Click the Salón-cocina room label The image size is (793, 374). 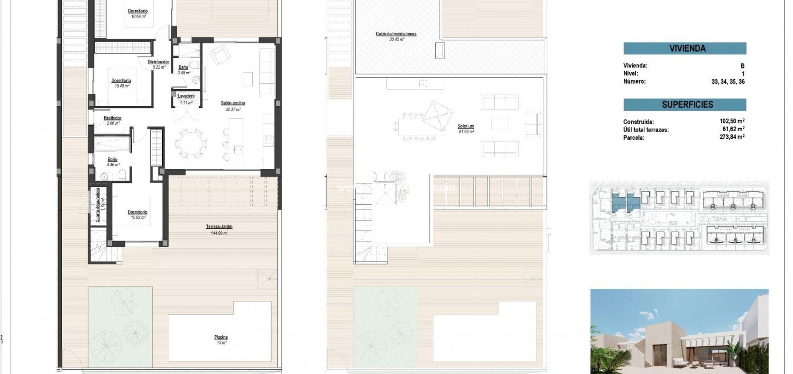pos(233,103)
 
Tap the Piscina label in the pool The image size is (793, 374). pos(221,337)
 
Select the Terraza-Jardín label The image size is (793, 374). pos(216,226)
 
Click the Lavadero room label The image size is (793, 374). pos(186,96)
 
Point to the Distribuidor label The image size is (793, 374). pos(158,62)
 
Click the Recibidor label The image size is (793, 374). pos(112,118)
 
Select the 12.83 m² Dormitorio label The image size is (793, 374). pos(137,212)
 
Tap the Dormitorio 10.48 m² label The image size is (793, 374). pos(121,81)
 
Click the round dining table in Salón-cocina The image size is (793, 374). pos(189,144)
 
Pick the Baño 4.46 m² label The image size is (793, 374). pos(112,159)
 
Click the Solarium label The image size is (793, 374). pos(465,126)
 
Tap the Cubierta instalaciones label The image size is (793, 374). pos(396,34)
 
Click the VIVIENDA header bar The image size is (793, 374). pos(685,48)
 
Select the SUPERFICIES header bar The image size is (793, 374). pos(685,105)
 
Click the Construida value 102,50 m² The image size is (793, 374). pos(732,121)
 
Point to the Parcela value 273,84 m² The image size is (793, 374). pos(732,137)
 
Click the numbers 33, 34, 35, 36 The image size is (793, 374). pos(728,81)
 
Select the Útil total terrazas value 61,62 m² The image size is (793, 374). pos(732,129)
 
